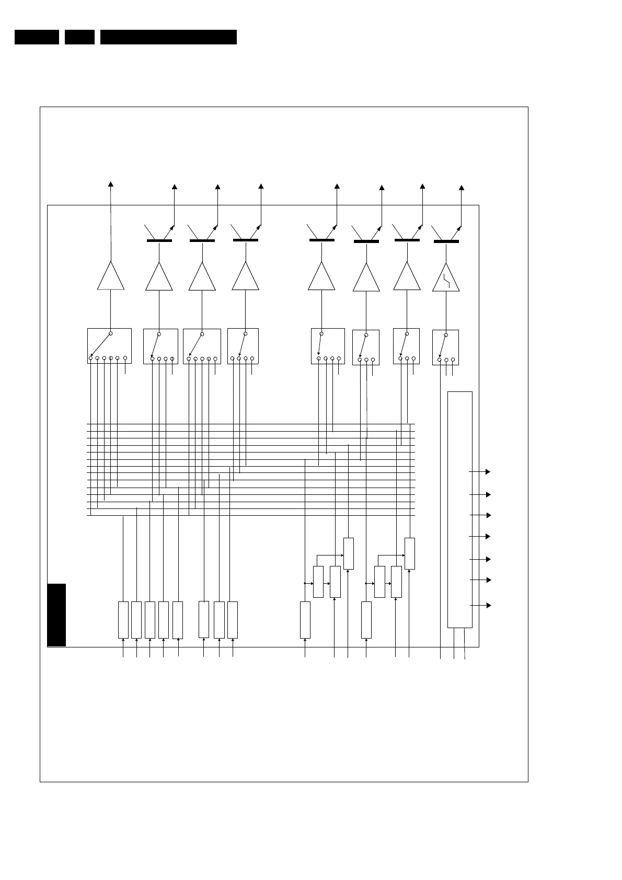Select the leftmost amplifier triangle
[x=111, y=277]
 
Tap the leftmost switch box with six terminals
[x=109, y=345]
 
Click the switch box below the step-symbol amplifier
[x=446, y=347]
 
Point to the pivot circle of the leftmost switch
[x=111, y=333]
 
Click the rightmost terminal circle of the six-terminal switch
[x=125, y=358]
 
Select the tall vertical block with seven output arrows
[x=460, y=510]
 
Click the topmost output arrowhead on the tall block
[x=488, y=471]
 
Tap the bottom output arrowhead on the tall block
[x=489, y=605]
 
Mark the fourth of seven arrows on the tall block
[x=488, y=536]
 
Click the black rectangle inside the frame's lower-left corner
[x=56, y=615]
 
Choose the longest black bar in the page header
[x=168, y=37]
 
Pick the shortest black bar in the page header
[x=79, y=37]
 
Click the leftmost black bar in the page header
[x=37, y=37]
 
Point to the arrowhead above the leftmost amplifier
[x=111, y=183]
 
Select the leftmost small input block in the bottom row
[x=123, y=620]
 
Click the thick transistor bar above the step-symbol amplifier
[x=446, y=241]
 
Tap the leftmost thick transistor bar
[x=159, y=240]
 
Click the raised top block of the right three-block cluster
[x=410, y=553]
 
